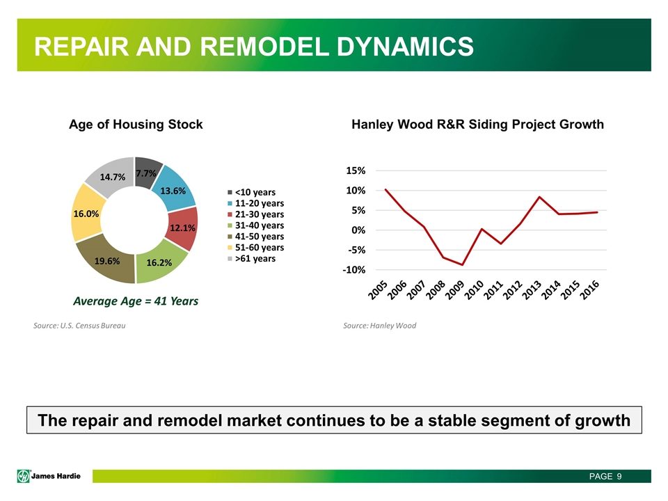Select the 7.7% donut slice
point(147,172)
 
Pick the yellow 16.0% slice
point(86,213)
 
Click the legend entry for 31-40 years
point(255,225)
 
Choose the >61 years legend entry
point(251,259)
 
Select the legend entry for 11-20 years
point(255,203)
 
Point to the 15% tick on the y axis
point(356,171)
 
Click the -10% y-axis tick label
point(353,270)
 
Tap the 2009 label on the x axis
point(454,290)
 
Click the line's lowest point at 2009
point(462,265)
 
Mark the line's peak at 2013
point(539,197)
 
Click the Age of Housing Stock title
point(136,125)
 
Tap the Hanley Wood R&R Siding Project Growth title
point(477,125)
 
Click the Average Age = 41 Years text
point(136,301)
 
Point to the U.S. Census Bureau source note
point(79,326)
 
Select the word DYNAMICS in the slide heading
point(405,47)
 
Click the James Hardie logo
point(49,476)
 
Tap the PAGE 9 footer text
point(605,476)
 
